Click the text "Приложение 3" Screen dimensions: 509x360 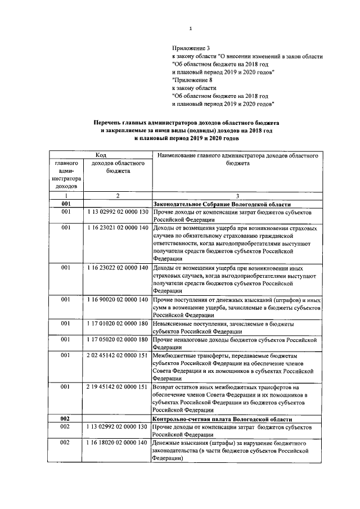(x=190, y=49)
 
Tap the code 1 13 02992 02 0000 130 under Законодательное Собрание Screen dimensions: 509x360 (x=117, y=213)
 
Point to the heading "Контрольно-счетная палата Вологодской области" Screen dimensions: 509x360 (x=222, y=420)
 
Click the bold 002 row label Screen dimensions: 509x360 (x=66, y=420)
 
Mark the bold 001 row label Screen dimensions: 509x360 (x=66, y=204)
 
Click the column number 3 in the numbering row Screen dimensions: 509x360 (x=237, y=195)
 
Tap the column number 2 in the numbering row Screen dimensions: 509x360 (x=117, y=195)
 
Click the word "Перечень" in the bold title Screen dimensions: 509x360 (x=110, y=121)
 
